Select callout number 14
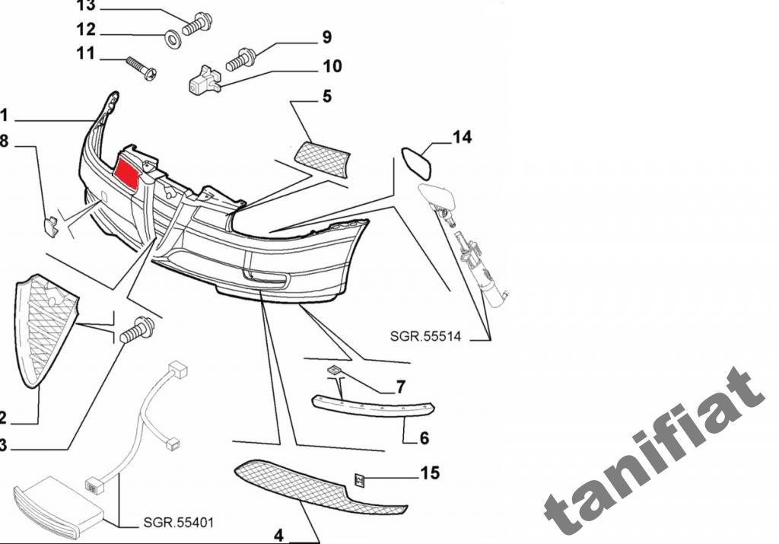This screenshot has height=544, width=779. (462, 138)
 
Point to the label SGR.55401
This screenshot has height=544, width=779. (178, 523)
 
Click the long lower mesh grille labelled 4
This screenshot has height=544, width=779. (320, 487)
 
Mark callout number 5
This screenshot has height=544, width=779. (326, 97)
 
